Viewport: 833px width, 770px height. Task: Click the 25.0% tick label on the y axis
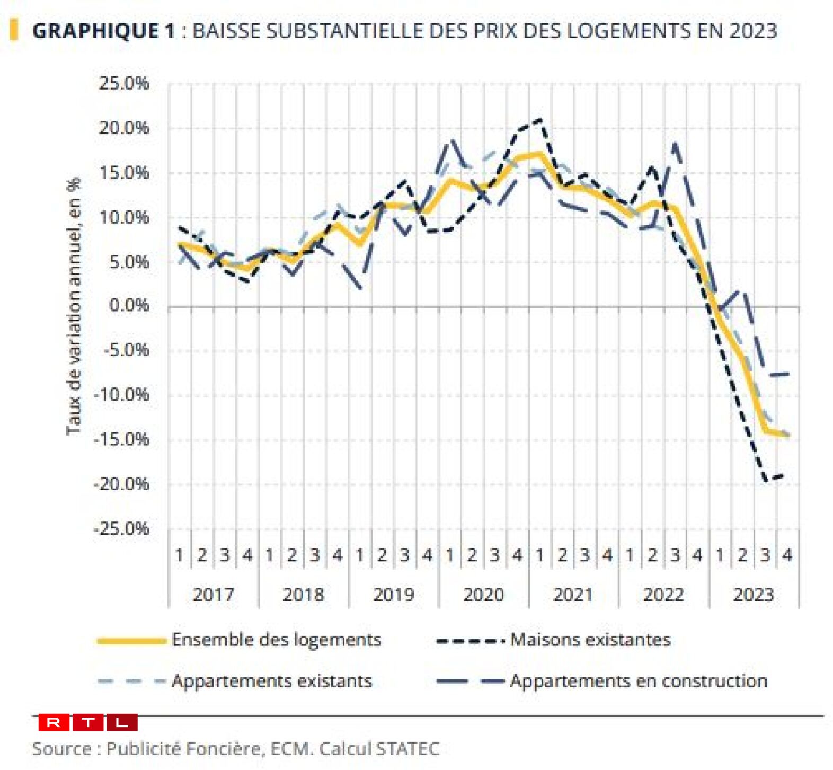pos(123,83)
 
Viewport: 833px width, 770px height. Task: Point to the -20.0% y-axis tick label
pos(121,484)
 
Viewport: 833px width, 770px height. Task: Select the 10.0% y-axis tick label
pos(123,217)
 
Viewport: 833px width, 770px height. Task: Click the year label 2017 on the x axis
pos(213,595)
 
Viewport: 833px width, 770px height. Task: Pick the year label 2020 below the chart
pos(483,595)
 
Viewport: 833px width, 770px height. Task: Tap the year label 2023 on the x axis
pos(754,595)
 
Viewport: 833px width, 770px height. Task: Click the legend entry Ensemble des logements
pos(276,640)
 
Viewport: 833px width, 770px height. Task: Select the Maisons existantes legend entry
pos(590,640)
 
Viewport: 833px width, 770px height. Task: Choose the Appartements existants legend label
pos(271,681)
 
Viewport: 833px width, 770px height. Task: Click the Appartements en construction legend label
pos(638,681)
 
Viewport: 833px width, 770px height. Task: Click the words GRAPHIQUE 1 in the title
pos(103,31)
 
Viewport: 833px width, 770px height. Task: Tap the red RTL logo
pos(88,722)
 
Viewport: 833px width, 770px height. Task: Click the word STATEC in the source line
pos(407,749)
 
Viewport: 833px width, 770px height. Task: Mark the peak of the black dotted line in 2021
pos(540,119)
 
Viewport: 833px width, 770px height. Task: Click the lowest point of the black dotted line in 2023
pos(765,481)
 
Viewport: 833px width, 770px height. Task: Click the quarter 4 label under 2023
pos(787,555)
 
